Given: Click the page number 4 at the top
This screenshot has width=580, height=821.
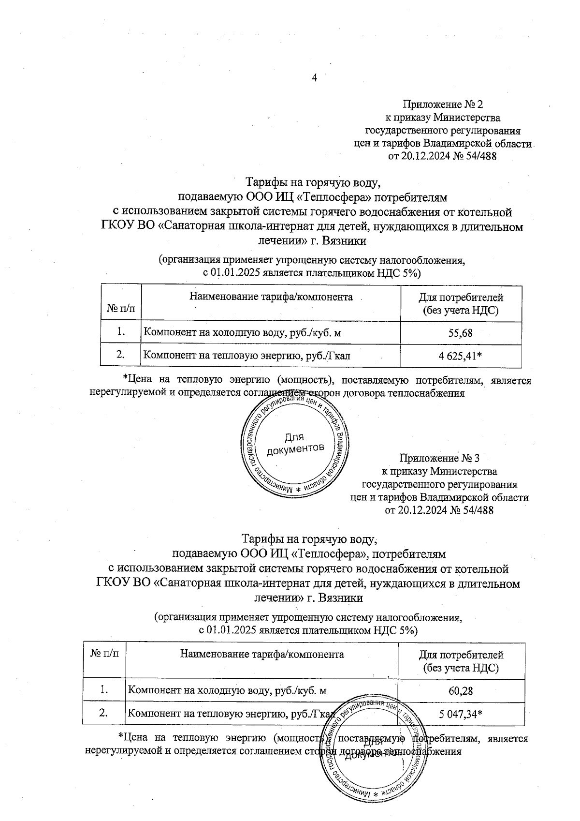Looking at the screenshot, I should (314, 78).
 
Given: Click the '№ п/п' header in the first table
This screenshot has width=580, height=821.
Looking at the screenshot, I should (121, 308).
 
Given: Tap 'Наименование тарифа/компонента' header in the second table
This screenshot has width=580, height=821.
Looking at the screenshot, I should (262, 654).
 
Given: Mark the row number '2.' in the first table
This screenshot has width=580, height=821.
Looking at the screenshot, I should (121, 355).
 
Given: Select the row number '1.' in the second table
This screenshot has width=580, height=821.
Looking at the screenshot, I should (104, 689).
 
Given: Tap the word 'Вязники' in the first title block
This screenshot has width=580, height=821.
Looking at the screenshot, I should (343, 240).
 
